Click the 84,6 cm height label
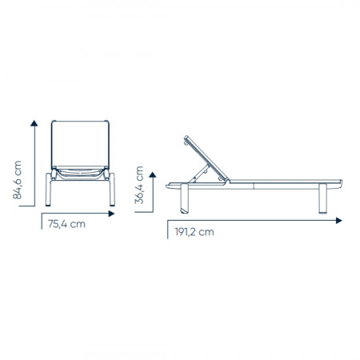coord(17,180)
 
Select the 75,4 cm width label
coord(66,224)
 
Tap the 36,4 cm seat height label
coord(139,185)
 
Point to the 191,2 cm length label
coord(194,232)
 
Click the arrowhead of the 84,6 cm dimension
coord(34,123)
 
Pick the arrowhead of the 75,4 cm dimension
coord(111,214)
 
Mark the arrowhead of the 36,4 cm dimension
coord(153,175)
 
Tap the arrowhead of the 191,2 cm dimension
coord(338,221)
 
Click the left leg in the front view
coord(48,190)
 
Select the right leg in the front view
coord(112,190)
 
